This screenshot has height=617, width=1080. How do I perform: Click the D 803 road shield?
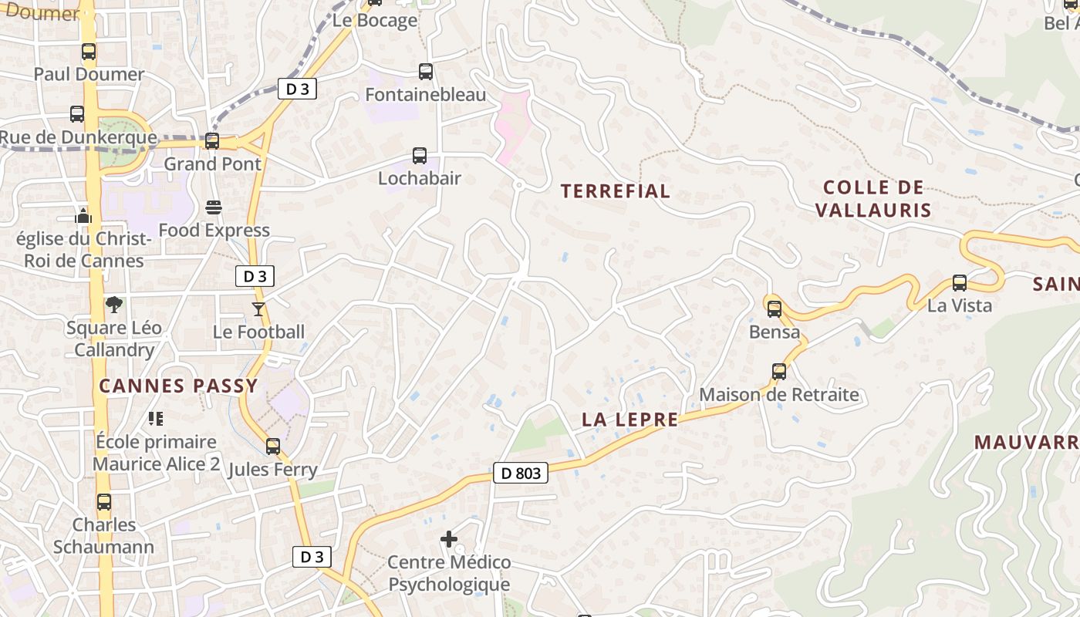tap(521, 473)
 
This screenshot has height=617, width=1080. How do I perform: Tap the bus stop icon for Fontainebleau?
tap(425, 72)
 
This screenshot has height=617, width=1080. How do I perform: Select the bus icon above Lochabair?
tap(420, 156)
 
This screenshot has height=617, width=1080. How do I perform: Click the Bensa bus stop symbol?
tap(775, 309)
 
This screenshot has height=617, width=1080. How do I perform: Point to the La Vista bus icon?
tap(960, 283)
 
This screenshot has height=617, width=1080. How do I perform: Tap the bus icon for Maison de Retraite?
tap(779, 372)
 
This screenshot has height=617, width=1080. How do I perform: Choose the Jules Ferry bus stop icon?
tap(273, 447)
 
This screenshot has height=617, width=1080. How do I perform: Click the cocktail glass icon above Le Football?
tap(258, 309)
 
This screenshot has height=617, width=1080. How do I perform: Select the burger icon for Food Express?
tap(214, 207)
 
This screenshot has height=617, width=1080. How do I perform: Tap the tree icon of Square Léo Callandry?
tap(114, 305)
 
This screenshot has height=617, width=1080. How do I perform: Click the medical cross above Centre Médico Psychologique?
tap(449, 539)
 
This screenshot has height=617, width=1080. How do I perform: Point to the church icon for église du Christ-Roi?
tap(83, 216)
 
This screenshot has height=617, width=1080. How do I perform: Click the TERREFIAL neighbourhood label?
tap(615, 191)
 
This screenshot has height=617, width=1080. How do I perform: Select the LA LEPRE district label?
tap(630, 420)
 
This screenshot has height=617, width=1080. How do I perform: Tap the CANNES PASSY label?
tap(178, 386)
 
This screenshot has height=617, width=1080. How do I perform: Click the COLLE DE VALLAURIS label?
tap(873, 198)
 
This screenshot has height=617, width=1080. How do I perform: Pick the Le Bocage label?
tap(375, 21)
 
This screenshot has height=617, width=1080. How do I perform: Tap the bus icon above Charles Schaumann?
tap(104, 502)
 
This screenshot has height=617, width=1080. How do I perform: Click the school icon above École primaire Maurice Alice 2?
tap(156, 419)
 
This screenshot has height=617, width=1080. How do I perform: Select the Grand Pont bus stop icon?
tap(212, 141)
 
